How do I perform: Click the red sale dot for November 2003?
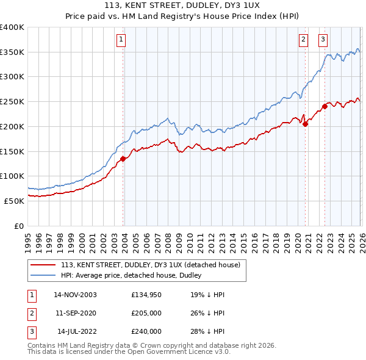123,159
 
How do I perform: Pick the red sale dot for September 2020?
305,124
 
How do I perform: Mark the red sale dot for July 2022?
325,106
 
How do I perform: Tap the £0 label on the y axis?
18,226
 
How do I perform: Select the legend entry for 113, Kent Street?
151,265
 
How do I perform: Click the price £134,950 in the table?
146,295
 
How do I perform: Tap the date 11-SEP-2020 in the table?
76,313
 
